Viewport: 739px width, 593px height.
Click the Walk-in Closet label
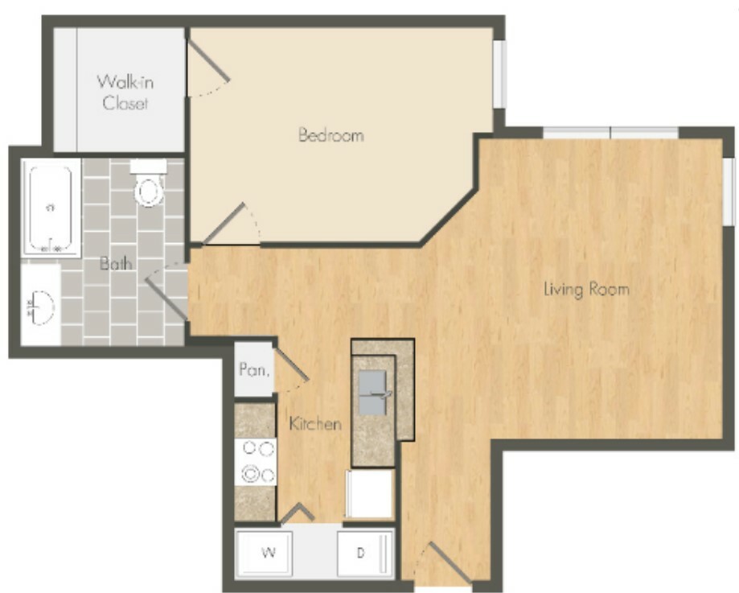(x=125, y=93)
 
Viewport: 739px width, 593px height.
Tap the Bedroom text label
(x=330, y=135)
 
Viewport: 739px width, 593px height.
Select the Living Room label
(x=586, y=289)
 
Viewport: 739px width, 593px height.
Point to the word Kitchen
(x=315, y=424)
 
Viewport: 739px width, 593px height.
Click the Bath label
(x=116, y=263)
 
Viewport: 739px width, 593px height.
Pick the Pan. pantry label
(x=254, y=369)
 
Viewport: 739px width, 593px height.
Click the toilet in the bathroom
(x=149, y=183)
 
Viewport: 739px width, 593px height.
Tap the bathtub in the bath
(x=51, y=208)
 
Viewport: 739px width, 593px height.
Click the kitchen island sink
(x=373, y=393)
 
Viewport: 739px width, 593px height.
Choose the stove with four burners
(x=255, y=462)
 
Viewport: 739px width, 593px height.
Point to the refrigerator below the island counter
(x=370, y=494)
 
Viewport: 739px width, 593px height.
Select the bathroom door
(x=166, y=299)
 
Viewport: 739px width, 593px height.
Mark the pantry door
(x=291, y=364)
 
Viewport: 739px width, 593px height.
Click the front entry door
(x=450, y=562)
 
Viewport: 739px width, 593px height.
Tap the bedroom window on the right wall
(x=499, y=74)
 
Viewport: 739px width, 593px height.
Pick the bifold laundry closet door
(x=298, y=513)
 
